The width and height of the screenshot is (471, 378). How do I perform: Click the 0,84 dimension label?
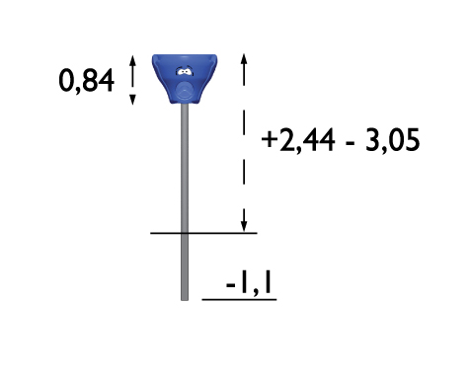tap(86, 81)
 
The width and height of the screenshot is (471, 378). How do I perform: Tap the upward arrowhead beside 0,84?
tap(132, 60)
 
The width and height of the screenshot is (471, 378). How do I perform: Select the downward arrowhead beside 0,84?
tap(132, 100)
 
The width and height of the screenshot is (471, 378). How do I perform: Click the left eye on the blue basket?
tap(181, 71)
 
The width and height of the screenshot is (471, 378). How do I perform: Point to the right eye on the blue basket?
tap(188, 72)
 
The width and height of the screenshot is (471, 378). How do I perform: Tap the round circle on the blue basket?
tap(184, 90)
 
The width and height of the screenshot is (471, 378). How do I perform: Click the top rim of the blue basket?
tap(185, 56)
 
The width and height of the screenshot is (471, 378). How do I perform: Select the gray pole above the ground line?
tap(185, 169)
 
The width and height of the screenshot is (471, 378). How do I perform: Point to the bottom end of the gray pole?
tap(185, 300)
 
